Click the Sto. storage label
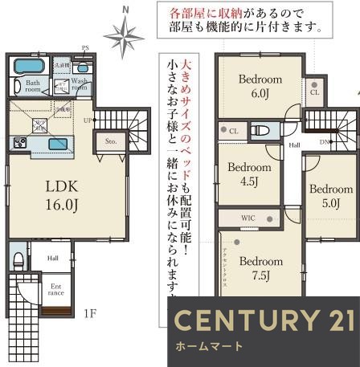[111, 143]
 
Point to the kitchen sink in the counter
[58, 144]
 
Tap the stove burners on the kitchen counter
[19, 143]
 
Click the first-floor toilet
[18, 259]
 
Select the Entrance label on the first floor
[56, 288]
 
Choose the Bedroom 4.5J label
[248, 173]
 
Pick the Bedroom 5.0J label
[330, 195]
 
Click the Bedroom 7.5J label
[260, 267]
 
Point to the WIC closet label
[247, 217]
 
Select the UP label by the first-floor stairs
[88, 120]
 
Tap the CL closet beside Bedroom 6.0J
[314, 92]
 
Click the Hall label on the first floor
[52, 258]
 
